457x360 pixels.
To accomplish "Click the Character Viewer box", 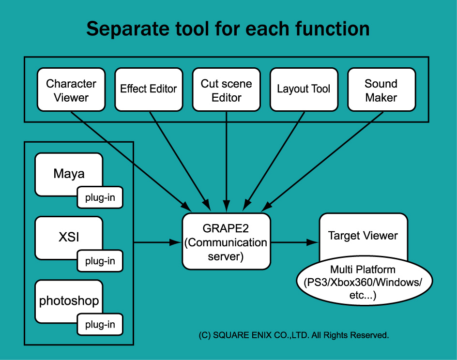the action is [71, 90].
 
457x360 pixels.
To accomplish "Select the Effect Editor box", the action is [149, 90].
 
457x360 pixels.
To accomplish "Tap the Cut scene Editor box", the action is [227, 90].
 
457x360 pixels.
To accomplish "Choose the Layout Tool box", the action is [304, 90].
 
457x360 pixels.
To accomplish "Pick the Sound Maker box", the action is [381, 90].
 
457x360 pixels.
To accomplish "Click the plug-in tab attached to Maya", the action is [100, 197].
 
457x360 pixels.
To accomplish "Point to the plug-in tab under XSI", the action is [100, 261].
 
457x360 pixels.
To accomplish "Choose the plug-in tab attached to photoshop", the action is [100, 325].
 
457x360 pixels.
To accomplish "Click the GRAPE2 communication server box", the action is [226, 241].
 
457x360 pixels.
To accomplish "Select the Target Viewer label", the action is [363, 236].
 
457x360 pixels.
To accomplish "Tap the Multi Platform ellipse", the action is [365, 281].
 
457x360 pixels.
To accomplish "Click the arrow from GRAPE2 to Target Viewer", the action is [295, 242].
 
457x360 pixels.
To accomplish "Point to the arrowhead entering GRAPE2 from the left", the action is [175, 242].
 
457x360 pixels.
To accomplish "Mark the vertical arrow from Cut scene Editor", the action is [227, 162].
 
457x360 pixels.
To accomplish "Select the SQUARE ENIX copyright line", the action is [294, 335].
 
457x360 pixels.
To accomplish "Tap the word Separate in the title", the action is [127, 30].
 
